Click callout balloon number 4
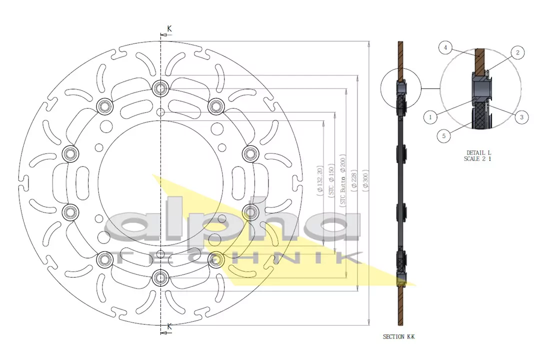coord(445,48)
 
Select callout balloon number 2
coord(517,52)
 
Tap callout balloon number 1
coord(429,117)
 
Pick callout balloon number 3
coord(521,117)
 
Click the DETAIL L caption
coord(479,152)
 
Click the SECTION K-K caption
coord(398,336)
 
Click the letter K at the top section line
coord(169,29)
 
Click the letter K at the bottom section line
coord(169,326)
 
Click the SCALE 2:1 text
coord(479,158)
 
